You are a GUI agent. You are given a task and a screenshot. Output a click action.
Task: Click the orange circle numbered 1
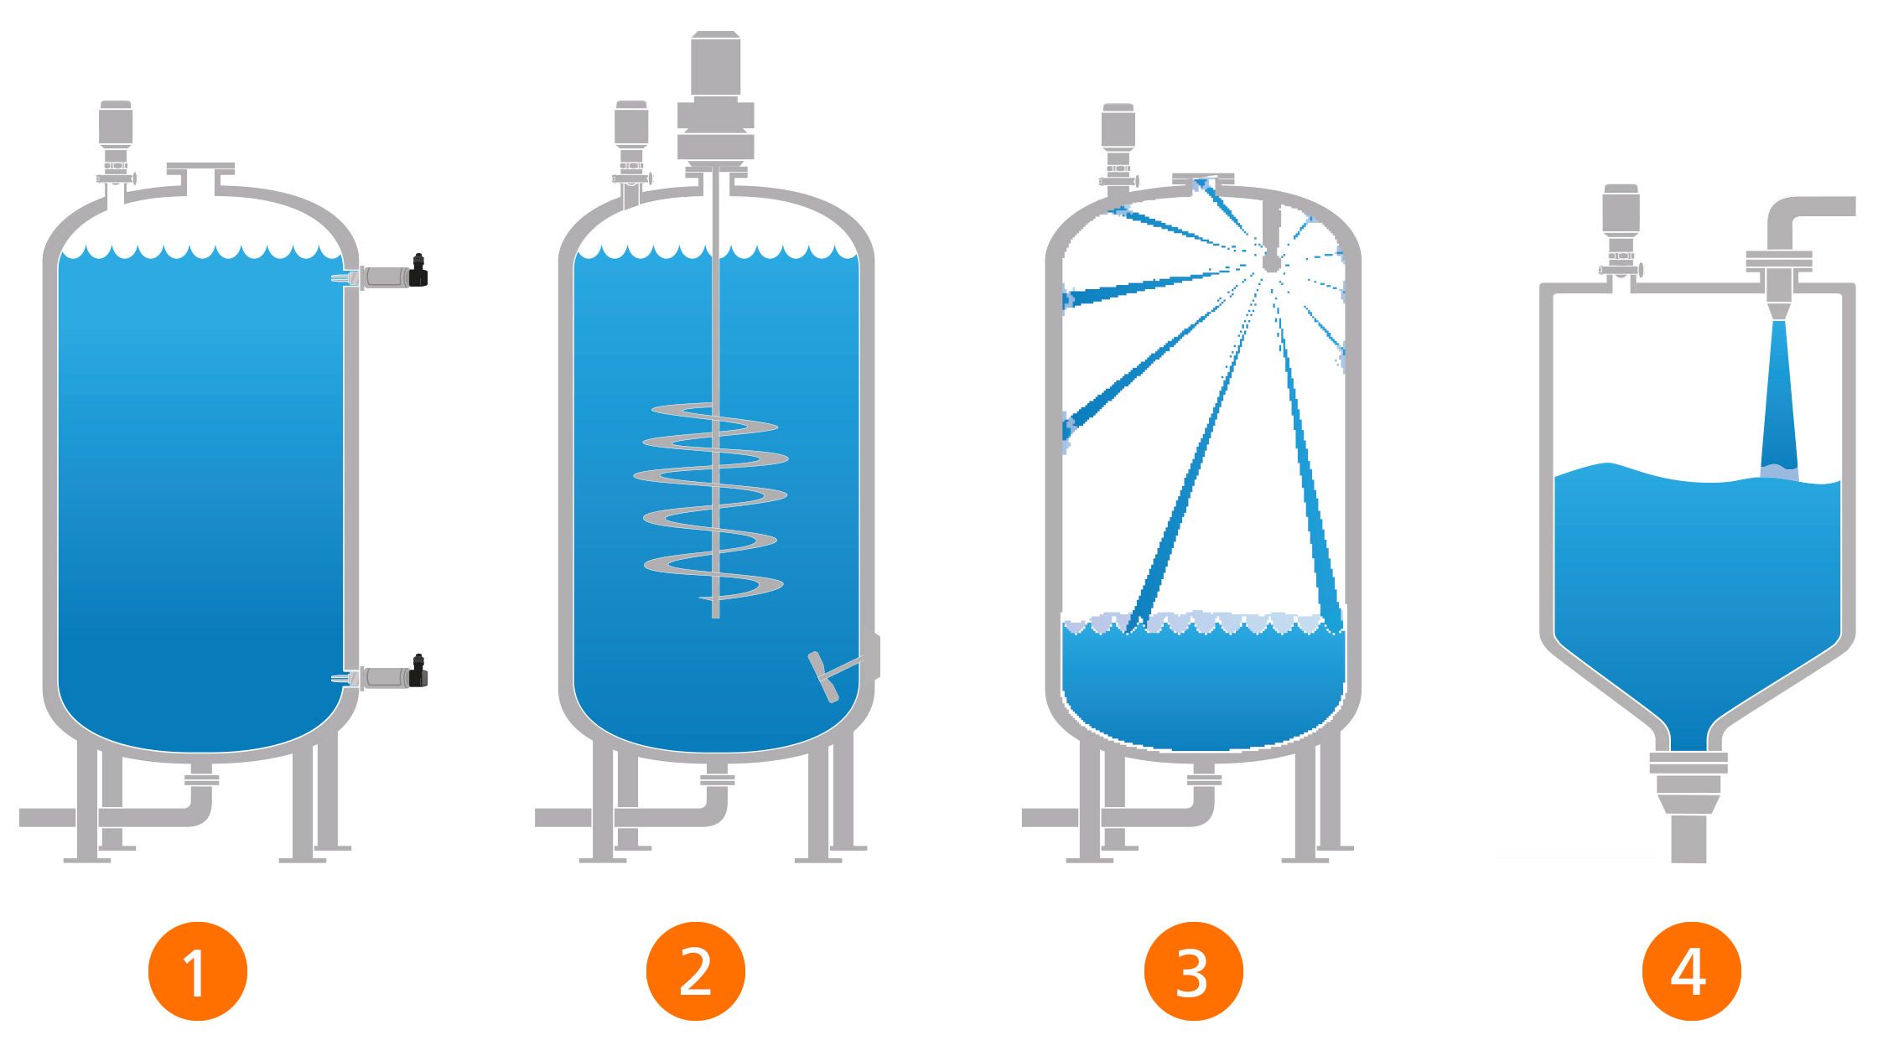[x=198, y=971]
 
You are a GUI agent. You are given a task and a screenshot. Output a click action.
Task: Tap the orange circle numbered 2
[x=696, y=971]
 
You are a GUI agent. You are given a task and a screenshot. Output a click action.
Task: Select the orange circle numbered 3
[x=1194, y=971]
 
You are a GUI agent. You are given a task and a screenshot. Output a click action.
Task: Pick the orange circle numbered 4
[x=1692, y=971]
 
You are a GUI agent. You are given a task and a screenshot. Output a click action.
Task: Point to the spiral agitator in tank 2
[x=711, y=501]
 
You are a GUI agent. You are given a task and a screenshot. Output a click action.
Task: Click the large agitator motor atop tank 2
[x=715, y=99]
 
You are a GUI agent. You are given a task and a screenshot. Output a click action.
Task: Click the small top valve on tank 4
[x=1620, y=231]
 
